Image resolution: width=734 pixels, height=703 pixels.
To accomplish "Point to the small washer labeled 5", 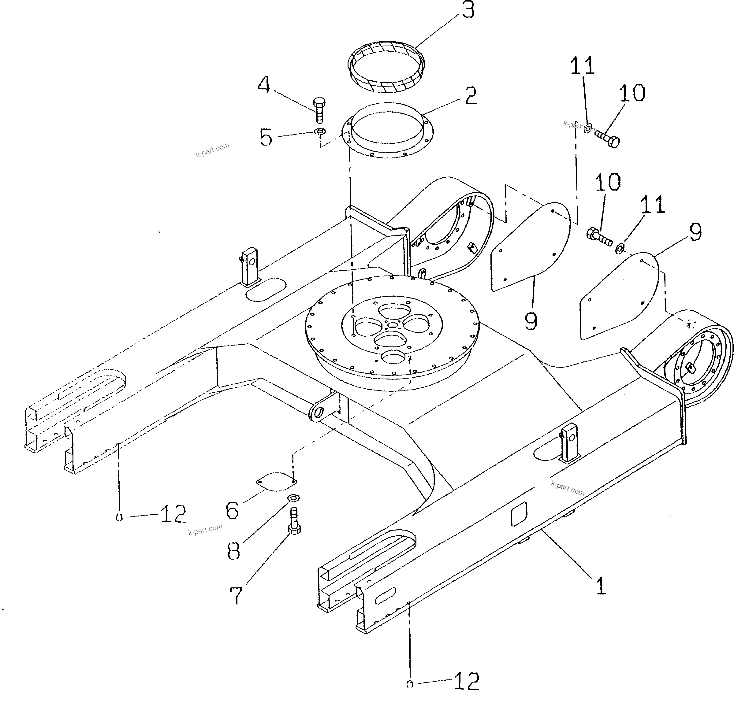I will point(321,132).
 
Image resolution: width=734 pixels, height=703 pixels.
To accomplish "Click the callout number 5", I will point(266,137).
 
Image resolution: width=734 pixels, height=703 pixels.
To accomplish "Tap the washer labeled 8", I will point(293,498).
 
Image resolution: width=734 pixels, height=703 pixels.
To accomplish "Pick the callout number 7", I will point(236,595).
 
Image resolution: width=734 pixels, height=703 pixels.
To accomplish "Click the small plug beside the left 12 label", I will point(119,518).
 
